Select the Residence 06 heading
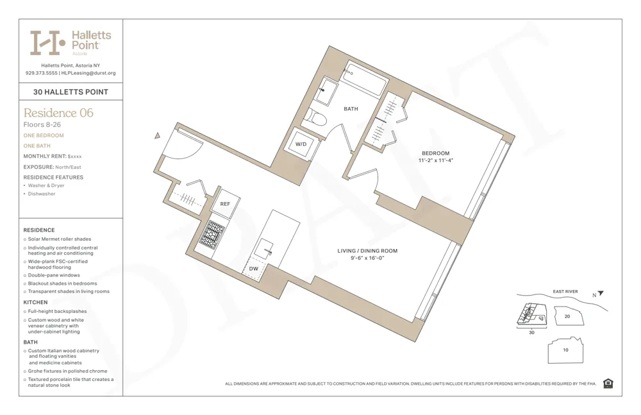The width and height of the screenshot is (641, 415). point(58,113)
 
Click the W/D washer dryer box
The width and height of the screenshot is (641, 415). point(301,144)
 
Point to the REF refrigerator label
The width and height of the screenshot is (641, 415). point(225,203)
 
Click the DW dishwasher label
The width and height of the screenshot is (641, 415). point(254,269)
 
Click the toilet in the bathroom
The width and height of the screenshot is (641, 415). point(315,117)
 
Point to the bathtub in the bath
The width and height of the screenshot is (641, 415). point(366,80)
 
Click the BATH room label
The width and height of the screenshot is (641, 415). point(351,109)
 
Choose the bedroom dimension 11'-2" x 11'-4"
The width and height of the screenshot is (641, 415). point(435,160)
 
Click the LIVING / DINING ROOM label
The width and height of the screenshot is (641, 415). point(367,251)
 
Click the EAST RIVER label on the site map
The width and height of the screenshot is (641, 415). point(565,292)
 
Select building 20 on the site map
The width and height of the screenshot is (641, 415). point(567,316)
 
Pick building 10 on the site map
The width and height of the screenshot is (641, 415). point(565,350)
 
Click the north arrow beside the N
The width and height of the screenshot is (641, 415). point(601,294)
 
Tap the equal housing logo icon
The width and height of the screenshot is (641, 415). point(608,384)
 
